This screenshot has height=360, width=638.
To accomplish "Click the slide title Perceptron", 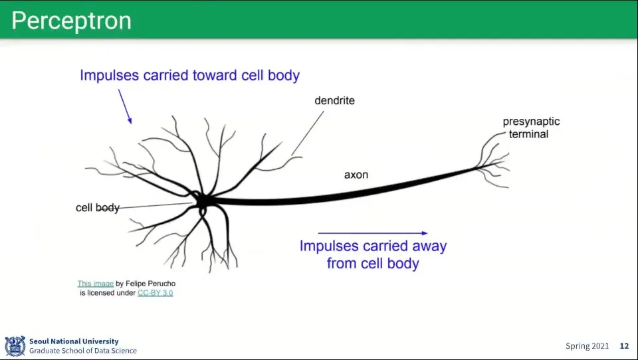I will [x=71, y=21].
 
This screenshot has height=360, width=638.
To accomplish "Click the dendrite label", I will [x=334, y=101].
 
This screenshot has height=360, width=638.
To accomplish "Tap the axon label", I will [x=356, y=175].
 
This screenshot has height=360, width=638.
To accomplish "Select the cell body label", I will [x=97, y=208].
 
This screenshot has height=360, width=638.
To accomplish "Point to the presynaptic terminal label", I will [x=530, y=128].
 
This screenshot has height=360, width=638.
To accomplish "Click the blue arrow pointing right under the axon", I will [x=372, y=233].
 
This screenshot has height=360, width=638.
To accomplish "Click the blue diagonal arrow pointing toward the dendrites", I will [x=125, y=106].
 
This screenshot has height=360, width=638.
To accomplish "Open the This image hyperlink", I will [x=95, y=284].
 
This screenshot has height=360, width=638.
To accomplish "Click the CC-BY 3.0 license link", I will [x=155, y=293].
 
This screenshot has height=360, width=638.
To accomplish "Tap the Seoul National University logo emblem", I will [x=15, y=345].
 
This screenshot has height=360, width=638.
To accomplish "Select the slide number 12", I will [x=624, y=346].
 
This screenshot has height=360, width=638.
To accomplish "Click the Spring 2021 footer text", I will [x=587, y=346].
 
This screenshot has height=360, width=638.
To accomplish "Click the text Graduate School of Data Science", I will [x=82, y=351].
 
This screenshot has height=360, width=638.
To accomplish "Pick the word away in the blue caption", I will [x=426, y=246].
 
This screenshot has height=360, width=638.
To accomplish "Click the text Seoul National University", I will [x=73, y=341].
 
